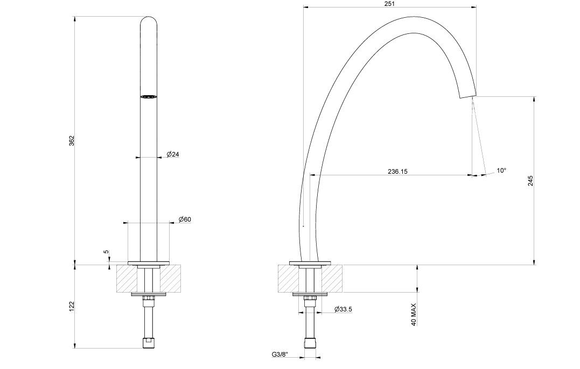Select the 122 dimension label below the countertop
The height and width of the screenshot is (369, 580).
(x=72, y=306)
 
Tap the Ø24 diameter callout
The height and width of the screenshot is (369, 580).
(x=173, y=154)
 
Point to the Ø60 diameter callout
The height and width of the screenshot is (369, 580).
(x=185, y=219)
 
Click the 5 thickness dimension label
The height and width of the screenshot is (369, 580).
(x=107, y=252)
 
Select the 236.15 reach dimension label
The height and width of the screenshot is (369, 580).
(x=397, y=172)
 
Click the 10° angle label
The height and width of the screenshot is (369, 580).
(x=501, y=171)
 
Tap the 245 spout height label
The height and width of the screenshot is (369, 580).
(x=530, y=180)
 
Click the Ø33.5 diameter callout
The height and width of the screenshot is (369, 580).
(x=343, y=309)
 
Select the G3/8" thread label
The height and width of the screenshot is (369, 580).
(x=280, y=354)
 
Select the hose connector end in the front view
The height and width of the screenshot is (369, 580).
(x=149, y=342)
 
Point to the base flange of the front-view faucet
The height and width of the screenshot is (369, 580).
(x=149, y=263)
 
